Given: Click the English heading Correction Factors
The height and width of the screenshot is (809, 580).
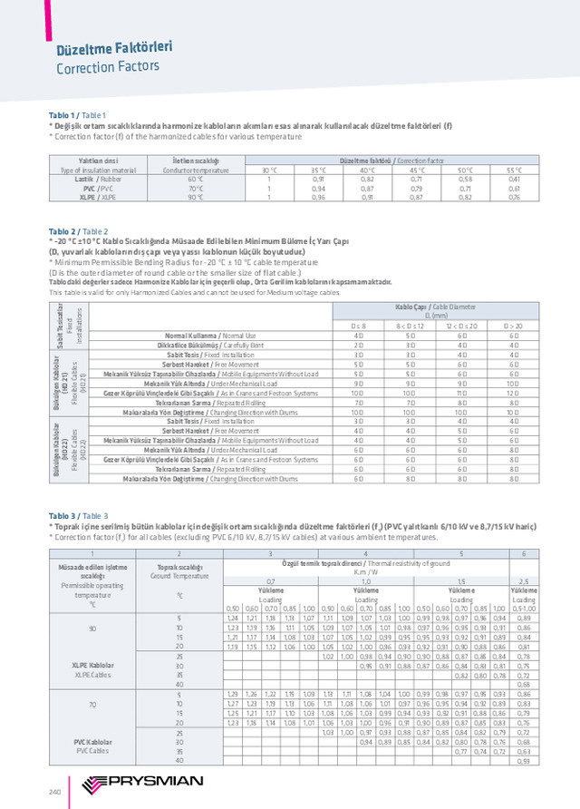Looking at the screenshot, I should pos(108,67).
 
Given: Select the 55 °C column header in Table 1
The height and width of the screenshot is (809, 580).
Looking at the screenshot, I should pos(514,170).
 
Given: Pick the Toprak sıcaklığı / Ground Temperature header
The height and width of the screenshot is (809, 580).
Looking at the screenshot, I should pos(179,571).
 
